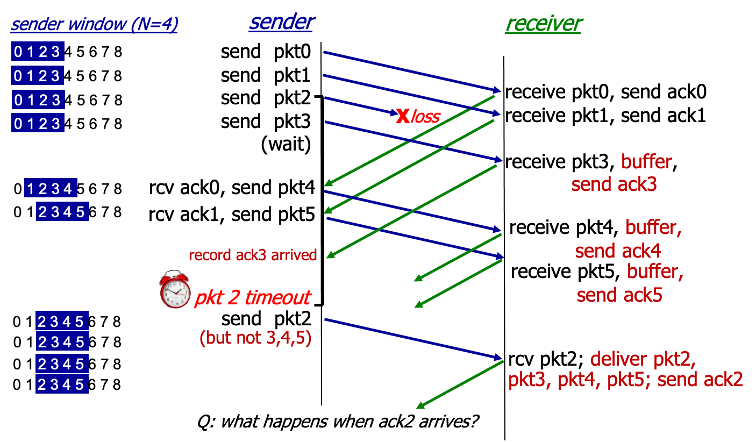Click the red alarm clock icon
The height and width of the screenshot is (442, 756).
click(175, 290)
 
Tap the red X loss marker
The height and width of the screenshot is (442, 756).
click(402, 116)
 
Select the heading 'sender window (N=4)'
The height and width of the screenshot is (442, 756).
click(94, 25)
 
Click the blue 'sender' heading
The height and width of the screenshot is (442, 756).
click(281, 22)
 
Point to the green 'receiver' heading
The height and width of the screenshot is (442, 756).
click(543, 23)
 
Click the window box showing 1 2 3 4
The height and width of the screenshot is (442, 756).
click(51, 189)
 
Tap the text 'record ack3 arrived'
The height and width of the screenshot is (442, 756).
click(253, 255)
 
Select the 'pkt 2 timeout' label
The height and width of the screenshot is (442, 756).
click(252, 297)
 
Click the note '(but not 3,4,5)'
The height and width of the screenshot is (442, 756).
click(255, 338)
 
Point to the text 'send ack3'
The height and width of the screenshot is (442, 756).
click(614, 184)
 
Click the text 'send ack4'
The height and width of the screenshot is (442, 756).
click(618, 251)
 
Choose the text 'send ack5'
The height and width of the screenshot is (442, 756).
click(619, 295)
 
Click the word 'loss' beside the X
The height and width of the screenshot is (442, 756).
click(426, 117)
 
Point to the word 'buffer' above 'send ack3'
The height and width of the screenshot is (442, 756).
click(646, 161)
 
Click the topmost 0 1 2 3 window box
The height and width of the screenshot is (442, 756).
click(38, 52)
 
